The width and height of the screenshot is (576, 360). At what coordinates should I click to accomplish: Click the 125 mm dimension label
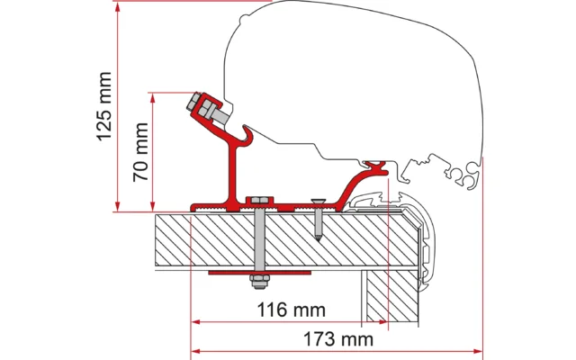click(104, 106)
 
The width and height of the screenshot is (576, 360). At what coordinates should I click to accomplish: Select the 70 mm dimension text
click(141, 149)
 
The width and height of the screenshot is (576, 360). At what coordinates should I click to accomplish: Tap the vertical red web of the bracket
click(235, 175)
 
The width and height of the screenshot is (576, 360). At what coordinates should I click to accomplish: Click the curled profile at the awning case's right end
click(468, 175)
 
